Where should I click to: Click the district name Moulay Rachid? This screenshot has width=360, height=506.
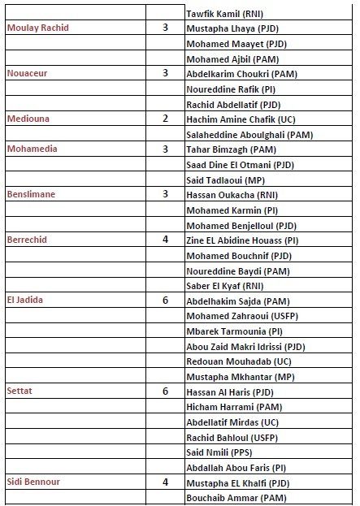[x=37, y=28]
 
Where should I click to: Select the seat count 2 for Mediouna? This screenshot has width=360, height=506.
[x=165, y=119]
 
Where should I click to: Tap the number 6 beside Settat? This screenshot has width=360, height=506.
[x=165, y=391]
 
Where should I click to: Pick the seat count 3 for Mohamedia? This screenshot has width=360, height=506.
[x=165, y=149]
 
